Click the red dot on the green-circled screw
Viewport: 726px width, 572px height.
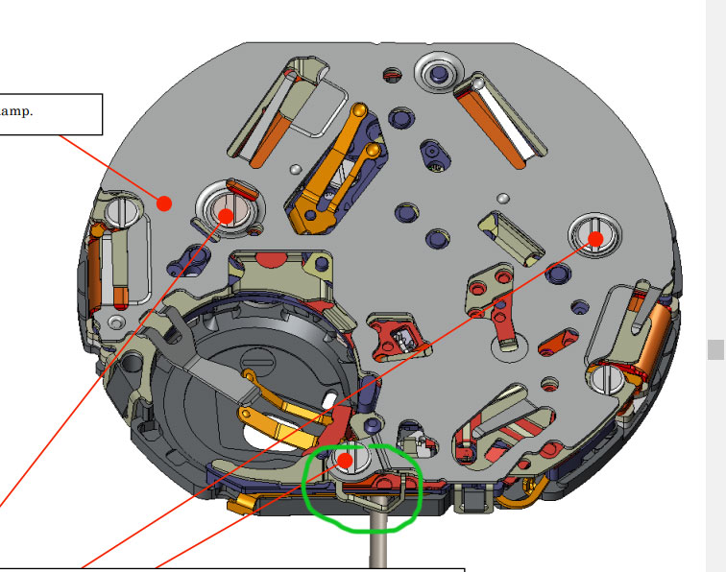[346, 461]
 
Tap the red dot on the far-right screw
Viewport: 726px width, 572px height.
[595, 239]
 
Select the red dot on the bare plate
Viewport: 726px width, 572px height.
[164, 203]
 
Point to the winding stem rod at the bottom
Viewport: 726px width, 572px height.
[379, 533]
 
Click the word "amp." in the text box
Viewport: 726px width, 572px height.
[16, 111]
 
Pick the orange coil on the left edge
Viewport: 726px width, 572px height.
[94, 269]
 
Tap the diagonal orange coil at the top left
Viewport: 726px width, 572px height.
[270, 139]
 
